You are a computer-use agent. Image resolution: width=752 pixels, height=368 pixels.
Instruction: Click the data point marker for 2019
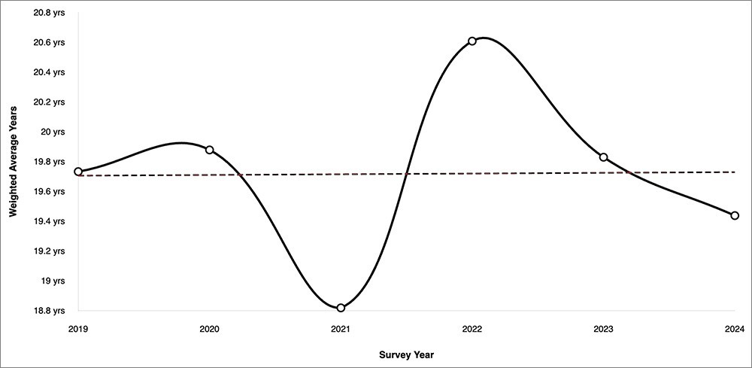(x=78, y=172)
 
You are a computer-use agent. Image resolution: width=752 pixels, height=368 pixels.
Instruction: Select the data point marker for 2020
(x=210, y=150)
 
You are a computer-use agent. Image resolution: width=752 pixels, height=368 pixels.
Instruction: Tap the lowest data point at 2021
(x=341, y=308)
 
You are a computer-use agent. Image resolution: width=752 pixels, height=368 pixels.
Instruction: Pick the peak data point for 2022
(x=472, y=41)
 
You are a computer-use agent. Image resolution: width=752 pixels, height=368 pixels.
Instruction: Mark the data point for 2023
(x=603, y=157)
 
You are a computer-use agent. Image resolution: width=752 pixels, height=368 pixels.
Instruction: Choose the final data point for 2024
(x=735, y=215)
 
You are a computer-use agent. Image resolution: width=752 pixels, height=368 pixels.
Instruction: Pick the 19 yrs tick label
(x=54, y=281)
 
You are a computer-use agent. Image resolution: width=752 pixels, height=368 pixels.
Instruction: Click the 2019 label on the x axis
(x=78, y=329)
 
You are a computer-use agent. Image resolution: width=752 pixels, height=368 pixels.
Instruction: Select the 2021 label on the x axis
(x=341, y=329)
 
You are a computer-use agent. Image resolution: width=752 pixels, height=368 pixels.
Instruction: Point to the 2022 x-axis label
(x=472, y=329)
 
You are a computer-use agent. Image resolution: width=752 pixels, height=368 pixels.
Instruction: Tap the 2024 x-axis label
(x=734, y=329)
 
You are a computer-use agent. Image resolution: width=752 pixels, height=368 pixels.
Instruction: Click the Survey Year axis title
(x=406, y=354)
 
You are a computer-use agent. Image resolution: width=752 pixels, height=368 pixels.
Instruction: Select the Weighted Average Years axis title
(x=13, y=161)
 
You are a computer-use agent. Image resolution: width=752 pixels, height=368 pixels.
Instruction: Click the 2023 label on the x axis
(x=603, y=329)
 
